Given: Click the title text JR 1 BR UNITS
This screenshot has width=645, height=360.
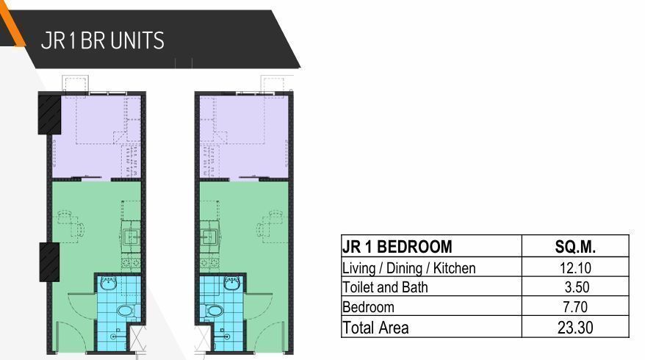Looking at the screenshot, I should coord(103,40).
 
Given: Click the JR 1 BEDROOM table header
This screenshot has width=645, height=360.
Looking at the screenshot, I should coord(397,247).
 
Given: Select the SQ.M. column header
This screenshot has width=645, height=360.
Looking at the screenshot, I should coord(574,247).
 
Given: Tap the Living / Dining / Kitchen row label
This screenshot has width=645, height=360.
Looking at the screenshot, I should coord(409,268).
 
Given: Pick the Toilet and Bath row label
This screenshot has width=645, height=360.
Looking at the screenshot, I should coord(385,287).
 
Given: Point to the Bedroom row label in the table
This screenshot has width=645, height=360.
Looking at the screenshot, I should coord(369,307).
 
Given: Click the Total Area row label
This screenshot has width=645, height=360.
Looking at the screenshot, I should coord(375,328).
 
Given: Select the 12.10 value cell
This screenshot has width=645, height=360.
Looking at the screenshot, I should coord(574,268).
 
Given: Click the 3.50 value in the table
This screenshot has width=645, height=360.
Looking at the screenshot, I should coord(574,287).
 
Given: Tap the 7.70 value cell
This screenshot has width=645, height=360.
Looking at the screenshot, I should coord(574,307).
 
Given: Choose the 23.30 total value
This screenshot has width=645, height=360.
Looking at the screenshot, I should coord(574,328).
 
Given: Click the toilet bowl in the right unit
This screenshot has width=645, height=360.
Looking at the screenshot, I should coord(214,311).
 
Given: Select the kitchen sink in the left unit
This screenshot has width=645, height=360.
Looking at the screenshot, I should coord(131,237).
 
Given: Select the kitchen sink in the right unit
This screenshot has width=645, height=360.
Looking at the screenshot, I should coord(209,237).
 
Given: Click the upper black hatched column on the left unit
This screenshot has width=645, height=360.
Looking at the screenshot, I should coord(49,113).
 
